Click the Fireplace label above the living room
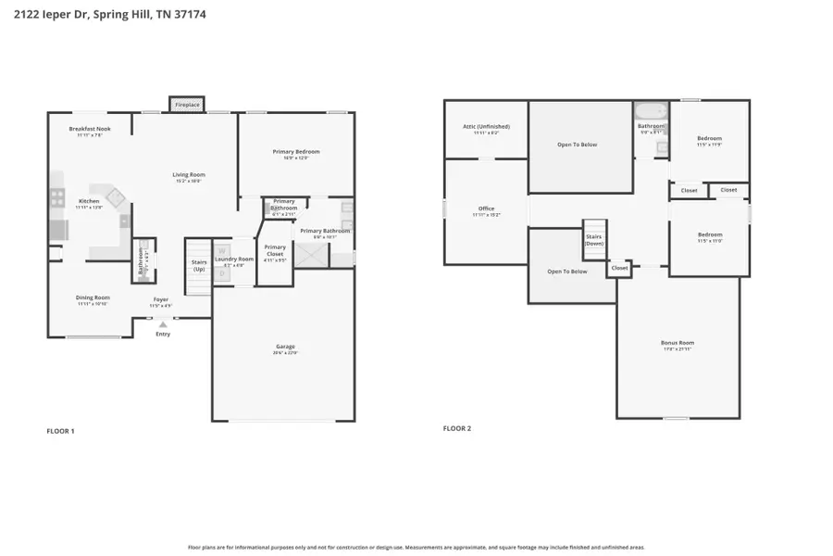coord(187,106)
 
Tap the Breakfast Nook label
coord(90,129)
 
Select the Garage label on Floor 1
coord(284,347)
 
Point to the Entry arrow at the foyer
coord(163,324)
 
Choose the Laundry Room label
coord(233,259)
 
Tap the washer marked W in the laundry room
coord(221,250)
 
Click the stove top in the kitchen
coord(56,197)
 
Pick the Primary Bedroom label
coord(296,151)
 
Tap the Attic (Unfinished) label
coord(486,126)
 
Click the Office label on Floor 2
coord(486,208)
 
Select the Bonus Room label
coord(678,343)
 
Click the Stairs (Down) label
coord(593,239)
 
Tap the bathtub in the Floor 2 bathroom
coord(651,112)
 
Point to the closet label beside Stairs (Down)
coord(619,268)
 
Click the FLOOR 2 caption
coord(457,428)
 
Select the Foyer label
coord(161,299)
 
